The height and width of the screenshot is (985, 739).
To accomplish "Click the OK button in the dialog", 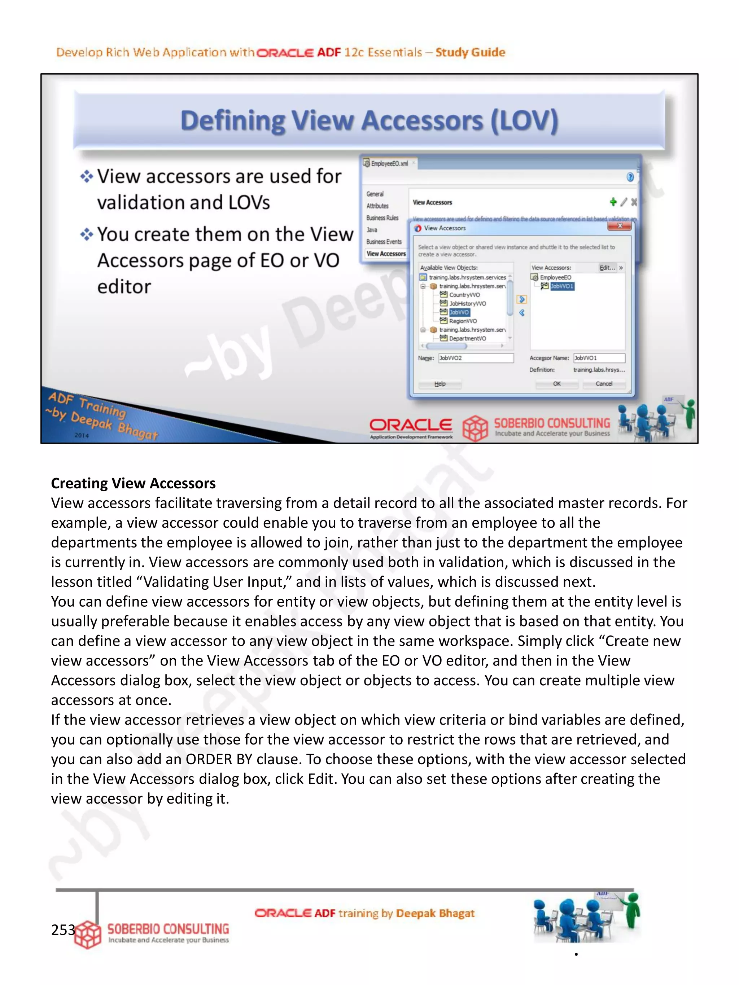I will click(x=556, y=383).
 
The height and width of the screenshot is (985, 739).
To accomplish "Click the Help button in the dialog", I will click(x=440, y=383).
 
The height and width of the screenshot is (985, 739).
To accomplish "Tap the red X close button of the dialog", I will click(x=619, y=226).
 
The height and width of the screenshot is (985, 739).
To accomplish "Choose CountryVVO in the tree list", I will click(x=464, y=295).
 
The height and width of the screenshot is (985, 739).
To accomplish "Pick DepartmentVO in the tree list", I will click(x=467, y=338).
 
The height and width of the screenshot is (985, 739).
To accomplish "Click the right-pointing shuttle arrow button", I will click(x=522, y=299).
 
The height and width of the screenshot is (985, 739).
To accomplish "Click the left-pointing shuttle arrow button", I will click(x=522, y=313).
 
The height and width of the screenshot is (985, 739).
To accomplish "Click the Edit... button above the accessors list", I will click(x=607, y=268).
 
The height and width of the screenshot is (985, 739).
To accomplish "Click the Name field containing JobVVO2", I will click(x=475, y=358).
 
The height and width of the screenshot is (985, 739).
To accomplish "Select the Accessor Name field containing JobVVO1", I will click(x=599, y=358).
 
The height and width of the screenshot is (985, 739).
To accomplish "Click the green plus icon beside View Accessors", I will click(x=613, y=202).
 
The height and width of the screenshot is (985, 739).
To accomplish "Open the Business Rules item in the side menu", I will click(x=382, y=218).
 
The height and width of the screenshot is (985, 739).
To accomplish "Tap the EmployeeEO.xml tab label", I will click(x=389, y=163).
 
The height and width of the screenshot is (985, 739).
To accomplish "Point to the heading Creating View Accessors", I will click(x=133, y=483).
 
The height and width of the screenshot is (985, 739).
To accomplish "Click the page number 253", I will click(x=63, y=929).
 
